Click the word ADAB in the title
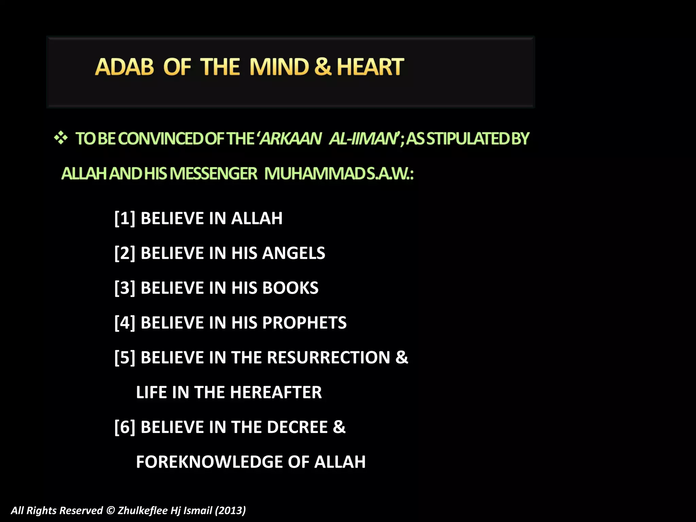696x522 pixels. (124, 67)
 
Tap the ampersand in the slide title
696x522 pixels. (323, 67)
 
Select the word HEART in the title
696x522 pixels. (370, 67)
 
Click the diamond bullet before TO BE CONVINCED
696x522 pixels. (61, 138)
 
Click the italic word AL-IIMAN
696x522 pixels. (363, 139)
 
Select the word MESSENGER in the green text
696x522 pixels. (213, 174)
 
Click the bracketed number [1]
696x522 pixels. (125, 218)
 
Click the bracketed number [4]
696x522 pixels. (125, 323)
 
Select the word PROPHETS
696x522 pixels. (304, 323)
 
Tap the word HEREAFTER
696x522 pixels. (276, 392)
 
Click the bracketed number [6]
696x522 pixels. (125, 427)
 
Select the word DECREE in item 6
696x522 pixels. (297, 427)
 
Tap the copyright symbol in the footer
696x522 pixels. (110, 510)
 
